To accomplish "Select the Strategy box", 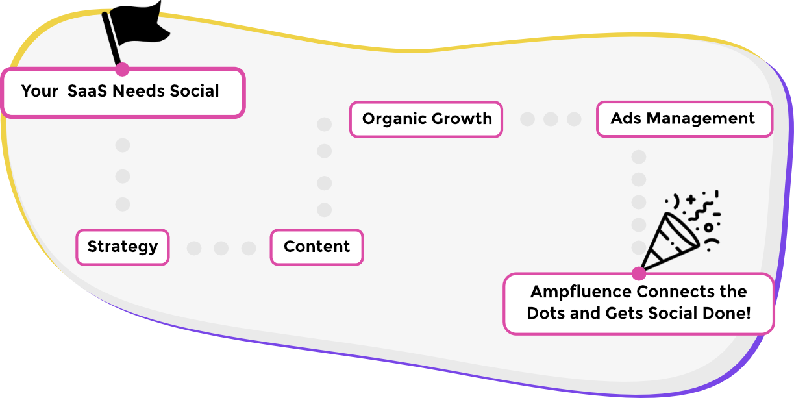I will (x=123, y=247).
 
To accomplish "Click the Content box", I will (x=317, y=247).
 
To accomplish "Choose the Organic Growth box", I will (x=427, y=119).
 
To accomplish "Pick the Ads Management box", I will (x=684, y=119).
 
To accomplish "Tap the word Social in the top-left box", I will (x=194, y=91).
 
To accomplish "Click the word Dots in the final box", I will (x=546, y=313).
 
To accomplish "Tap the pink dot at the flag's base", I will (x=122, y=69).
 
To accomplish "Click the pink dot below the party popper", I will (x=638, y=273).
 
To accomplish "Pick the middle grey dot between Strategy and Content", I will (x=221, y=248).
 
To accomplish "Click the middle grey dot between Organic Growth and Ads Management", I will (x=551, y=119).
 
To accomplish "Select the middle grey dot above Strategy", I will (x=123, y=176).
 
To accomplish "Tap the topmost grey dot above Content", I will (x=324, y=124).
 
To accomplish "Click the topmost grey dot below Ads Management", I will (x=639, y=156).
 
